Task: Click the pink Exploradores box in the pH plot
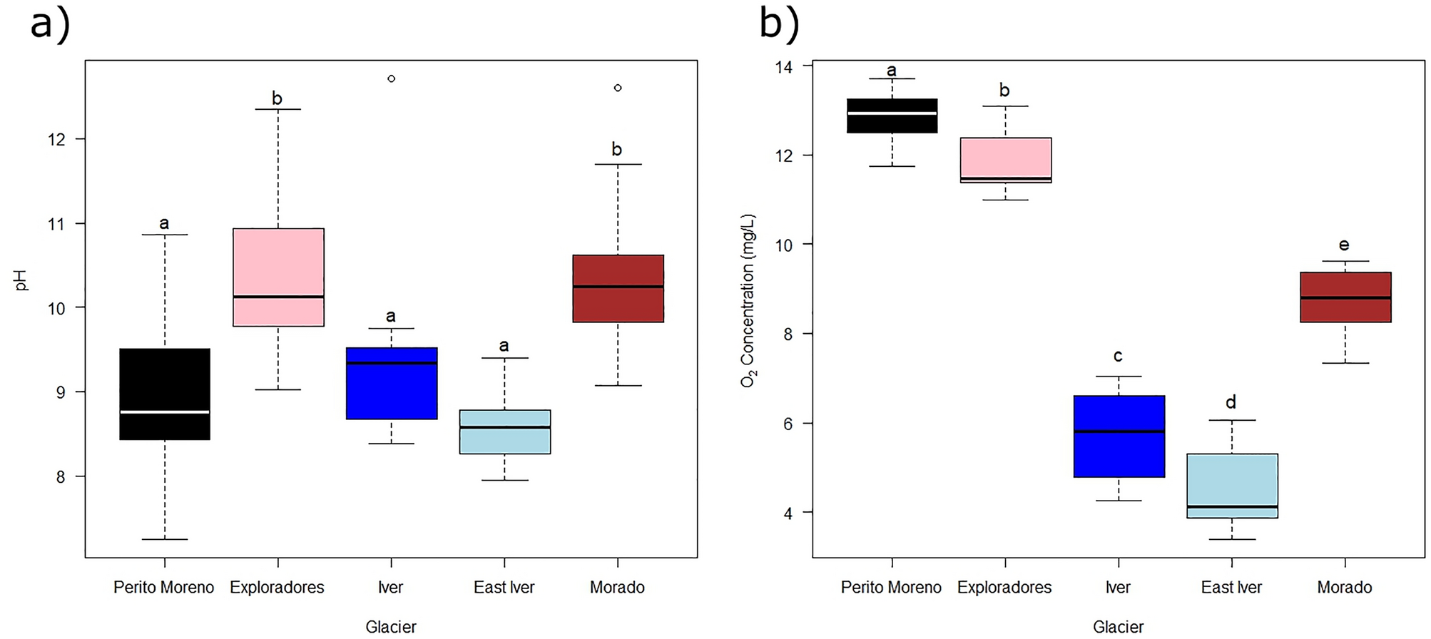coord(278,277)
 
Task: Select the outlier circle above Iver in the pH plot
coord(391,78)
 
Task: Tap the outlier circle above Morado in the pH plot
coord(618,88)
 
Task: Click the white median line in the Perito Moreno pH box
coord(165,411)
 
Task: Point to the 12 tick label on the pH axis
coord(56,139)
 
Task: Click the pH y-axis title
coord(21,280)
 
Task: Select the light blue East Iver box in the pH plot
coord(504,431)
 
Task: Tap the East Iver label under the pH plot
coord(504,587)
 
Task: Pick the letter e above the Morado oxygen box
coord(1344,245)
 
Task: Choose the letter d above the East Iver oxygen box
coord(1231,402)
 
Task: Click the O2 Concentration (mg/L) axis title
coord(748,300)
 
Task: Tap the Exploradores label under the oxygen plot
coord(1004,587)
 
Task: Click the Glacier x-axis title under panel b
coord(1118,626)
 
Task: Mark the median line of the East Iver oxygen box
coord(1232,506)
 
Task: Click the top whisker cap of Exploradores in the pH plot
coord(278,109)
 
